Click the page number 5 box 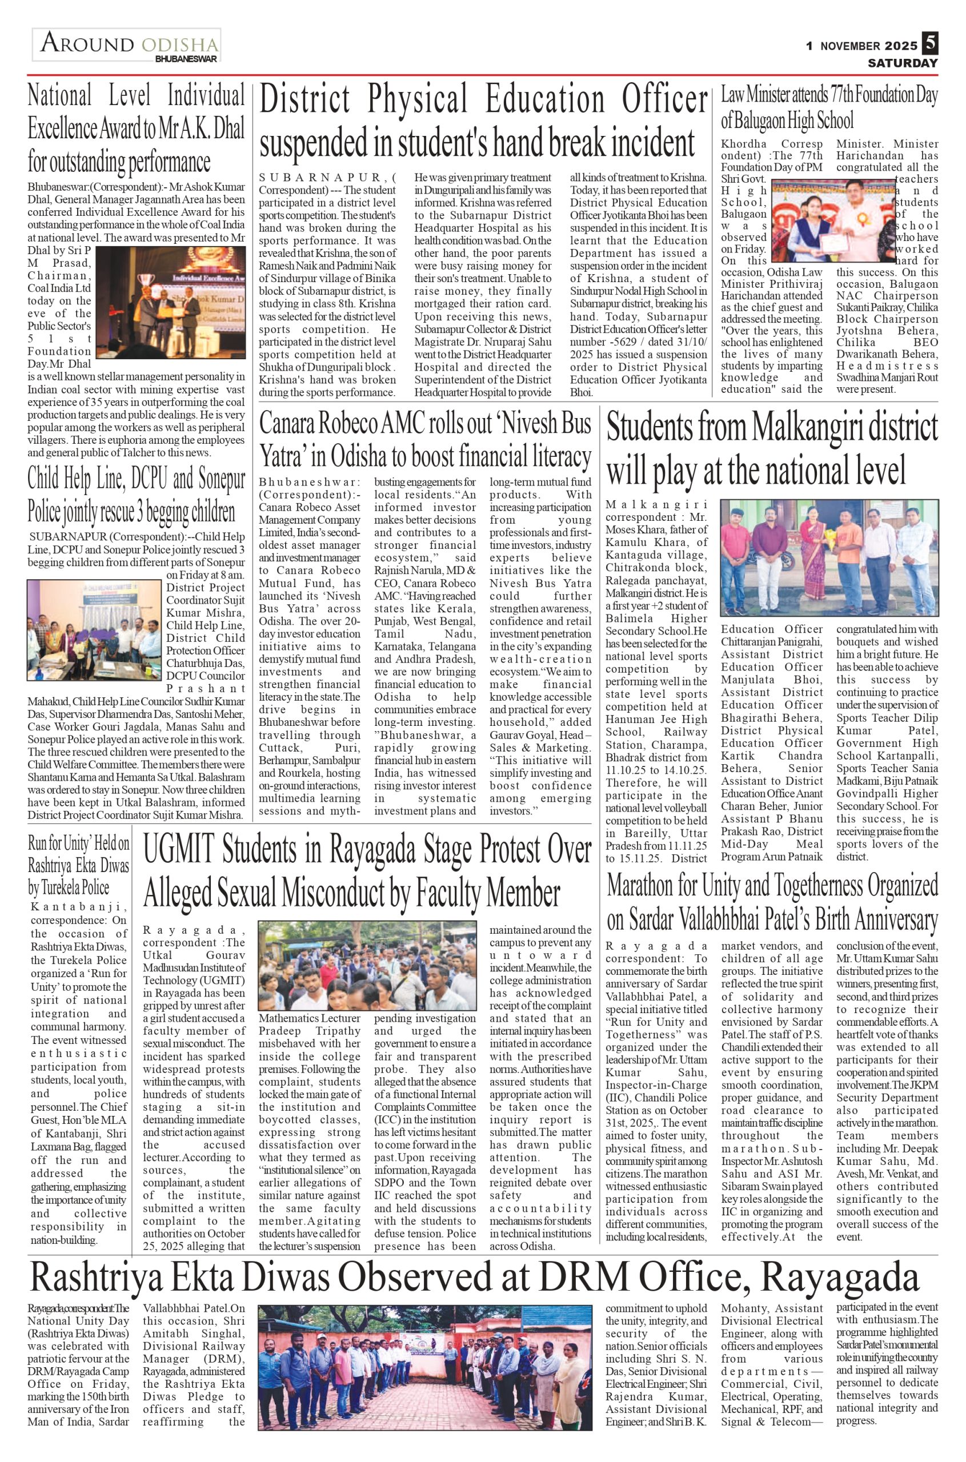pos(929,44)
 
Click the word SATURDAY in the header pos(903,63)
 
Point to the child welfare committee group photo pos(94,629)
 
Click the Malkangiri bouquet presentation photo pos(829,558)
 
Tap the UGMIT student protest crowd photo pos(367,965)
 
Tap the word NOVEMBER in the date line pos(849,46)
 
